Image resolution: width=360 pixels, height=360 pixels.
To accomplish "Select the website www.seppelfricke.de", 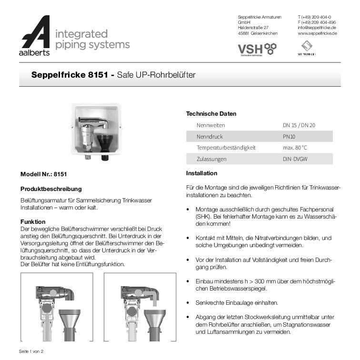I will pyautogui.click(x=317, y=33).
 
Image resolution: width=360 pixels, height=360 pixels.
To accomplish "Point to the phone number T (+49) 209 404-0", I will pyautogui.click(x=314, y=17).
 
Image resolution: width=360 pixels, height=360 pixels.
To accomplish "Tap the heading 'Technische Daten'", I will pyautogui.click(x=211, y=114).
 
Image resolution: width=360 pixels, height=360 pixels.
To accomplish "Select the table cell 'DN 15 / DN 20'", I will pyautogui.click(x=299, y=125).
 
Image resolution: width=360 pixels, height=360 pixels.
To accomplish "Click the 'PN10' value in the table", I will pyautogui.click(x=289, y=137).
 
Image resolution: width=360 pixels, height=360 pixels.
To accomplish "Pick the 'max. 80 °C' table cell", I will pyautogui.click(x=295, y=148).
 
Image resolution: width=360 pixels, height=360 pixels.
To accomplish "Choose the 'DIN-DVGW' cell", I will pyautogui.click(x=295, y=159).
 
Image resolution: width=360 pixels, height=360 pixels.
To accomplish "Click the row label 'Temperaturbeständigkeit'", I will pyautogui.click(x=226, y=148).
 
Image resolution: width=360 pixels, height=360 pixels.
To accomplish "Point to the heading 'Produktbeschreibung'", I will pyautogui.click(x=51, y=189).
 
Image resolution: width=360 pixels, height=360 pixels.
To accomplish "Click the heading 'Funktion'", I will pyautogui.click(x=33, y=221).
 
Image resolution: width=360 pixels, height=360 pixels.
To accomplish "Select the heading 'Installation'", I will pyautogui.click(x=201, y=173).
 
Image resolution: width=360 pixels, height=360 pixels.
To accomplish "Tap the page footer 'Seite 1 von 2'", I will pyautogui.click(x=31, y=351).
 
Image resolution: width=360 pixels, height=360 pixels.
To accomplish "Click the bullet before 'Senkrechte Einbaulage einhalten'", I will pyautogui.click(x=189, y=303).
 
